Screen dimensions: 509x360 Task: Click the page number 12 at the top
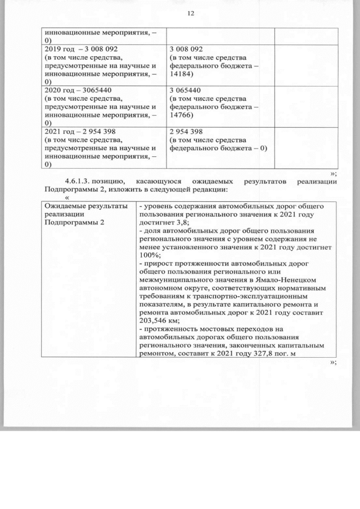(x=190, y=13)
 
